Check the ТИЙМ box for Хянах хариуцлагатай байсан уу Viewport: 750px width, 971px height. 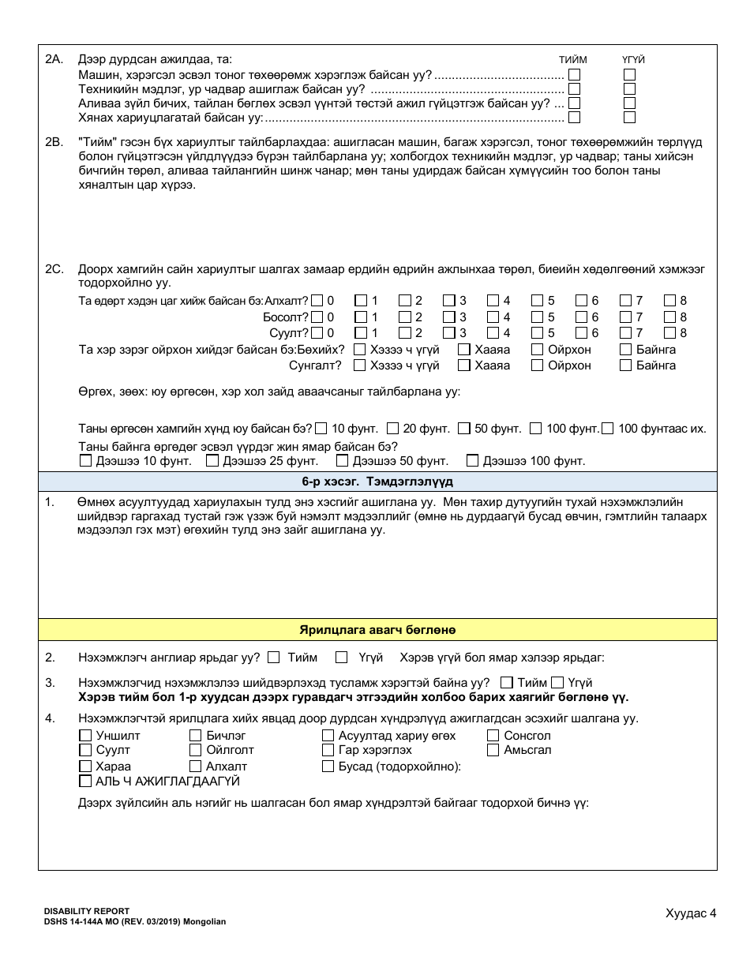click(574, 117)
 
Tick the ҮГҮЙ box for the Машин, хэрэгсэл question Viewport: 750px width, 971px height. click(629, 74)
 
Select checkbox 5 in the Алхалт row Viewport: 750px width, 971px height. click(537, 300)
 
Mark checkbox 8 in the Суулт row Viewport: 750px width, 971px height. click(669, 332)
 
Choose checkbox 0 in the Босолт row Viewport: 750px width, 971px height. click(317, 317)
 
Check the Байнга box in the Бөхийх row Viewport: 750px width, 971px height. click(625, 349)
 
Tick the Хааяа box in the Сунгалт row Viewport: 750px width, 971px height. click(464, 366)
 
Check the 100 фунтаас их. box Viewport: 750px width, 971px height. click(607, 429)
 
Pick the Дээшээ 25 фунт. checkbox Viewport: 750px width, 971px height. click(212, 460)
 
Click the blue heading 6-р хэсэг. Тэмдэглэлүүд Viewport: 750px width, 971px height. click(377, 482)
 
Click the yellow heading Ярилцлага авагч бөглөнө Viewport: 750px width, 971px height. click(377, 630)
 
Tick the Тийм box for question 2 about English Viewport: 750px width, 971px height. click(273, 657)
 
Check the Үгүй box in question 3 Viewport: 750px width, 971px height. click(557, 682)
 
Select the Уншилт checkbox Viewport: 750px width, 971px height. click(85, 735)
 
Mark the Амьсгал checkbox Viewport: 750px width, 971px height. click(493, 750)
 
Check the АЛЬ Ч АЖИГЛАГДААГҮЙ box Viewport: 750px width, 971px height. click(85, 781)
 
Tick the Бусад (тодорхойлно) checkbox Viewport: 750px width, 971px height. click(328, 766)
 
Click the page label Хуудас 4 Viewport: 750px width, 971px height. click(690, 913)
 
